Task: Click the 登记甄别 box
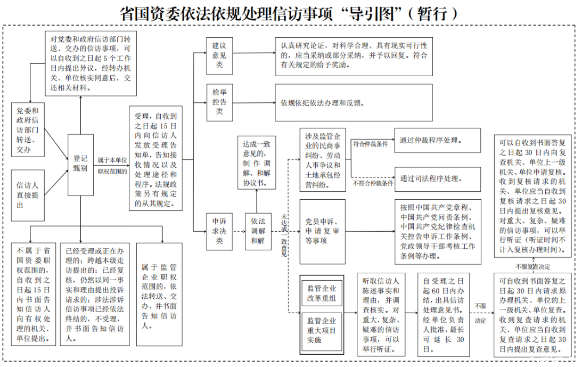80,164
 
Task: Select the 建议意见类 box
219,55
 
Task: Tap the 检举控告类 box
219,101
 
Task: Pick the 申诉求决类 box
219,231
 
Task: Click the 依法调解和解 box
258,231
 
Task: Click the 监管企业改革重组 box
322,293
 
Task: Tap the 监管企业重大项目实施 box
322,330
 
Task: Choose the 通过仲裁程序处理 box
436,141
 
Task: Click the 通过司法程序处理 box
436,178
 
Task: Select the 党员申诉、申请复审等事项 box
322,231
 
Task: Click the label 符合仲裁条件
370,143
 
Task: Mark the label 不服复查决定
532,266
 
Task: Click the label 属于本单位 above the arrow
112,159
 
